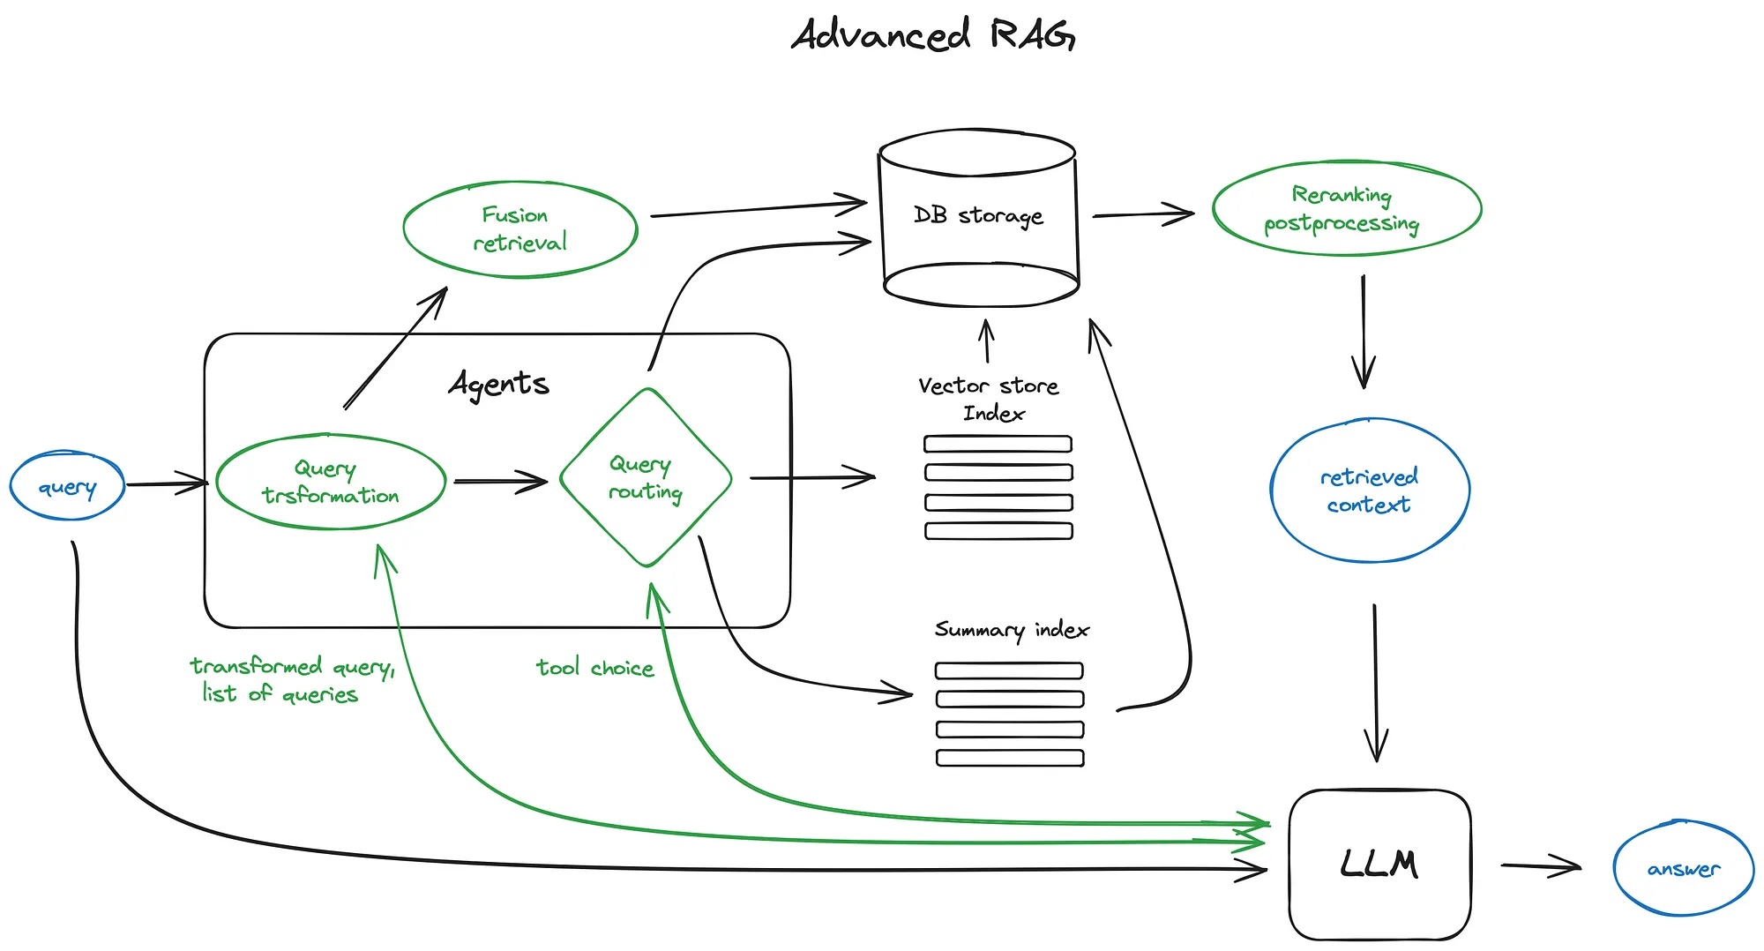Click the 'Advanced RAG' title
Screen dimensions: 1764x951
(933, 34)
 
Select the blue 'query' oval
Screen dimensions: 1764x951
(67, 486)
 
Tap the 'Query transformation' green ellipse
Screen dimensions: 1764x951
(331, 482)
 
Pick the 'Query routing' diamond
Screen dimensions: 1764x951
(647, 477)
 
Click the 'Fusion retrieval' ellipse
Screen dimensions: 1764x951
(520, 229)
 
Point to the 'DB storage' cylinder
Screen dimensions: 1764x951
(979, 218)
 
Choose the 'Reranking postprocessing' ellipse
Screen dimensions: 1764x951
(1347, 208)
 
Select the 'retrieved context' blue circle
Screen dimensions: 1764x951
(1370, 490)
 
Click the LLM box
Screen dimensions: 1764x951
(1380, 865)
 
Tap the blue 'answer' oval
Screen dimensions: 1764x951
(1684, 868)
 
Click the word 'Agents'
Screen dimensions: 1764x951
(498, 384)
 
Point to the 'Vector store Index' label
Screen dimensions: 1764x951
(989, 399)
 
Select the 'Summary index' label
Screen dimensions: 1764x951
(1012, 630)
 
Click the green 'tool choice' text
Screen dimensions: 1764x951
(595, 668)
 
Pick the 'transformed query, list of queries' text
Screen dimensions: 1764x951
(292, 679)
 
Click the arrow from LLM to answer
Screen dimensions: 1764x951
(1541, 866)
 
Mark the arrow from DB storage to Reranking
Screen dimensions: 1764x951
(1144, 214)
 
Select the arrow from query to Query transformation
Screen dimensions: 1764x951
(168, 483)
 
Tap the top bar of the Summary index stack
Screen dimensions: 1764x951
(1009, 670)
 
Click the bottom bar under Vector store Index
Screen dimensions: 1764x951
(998, 531)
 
